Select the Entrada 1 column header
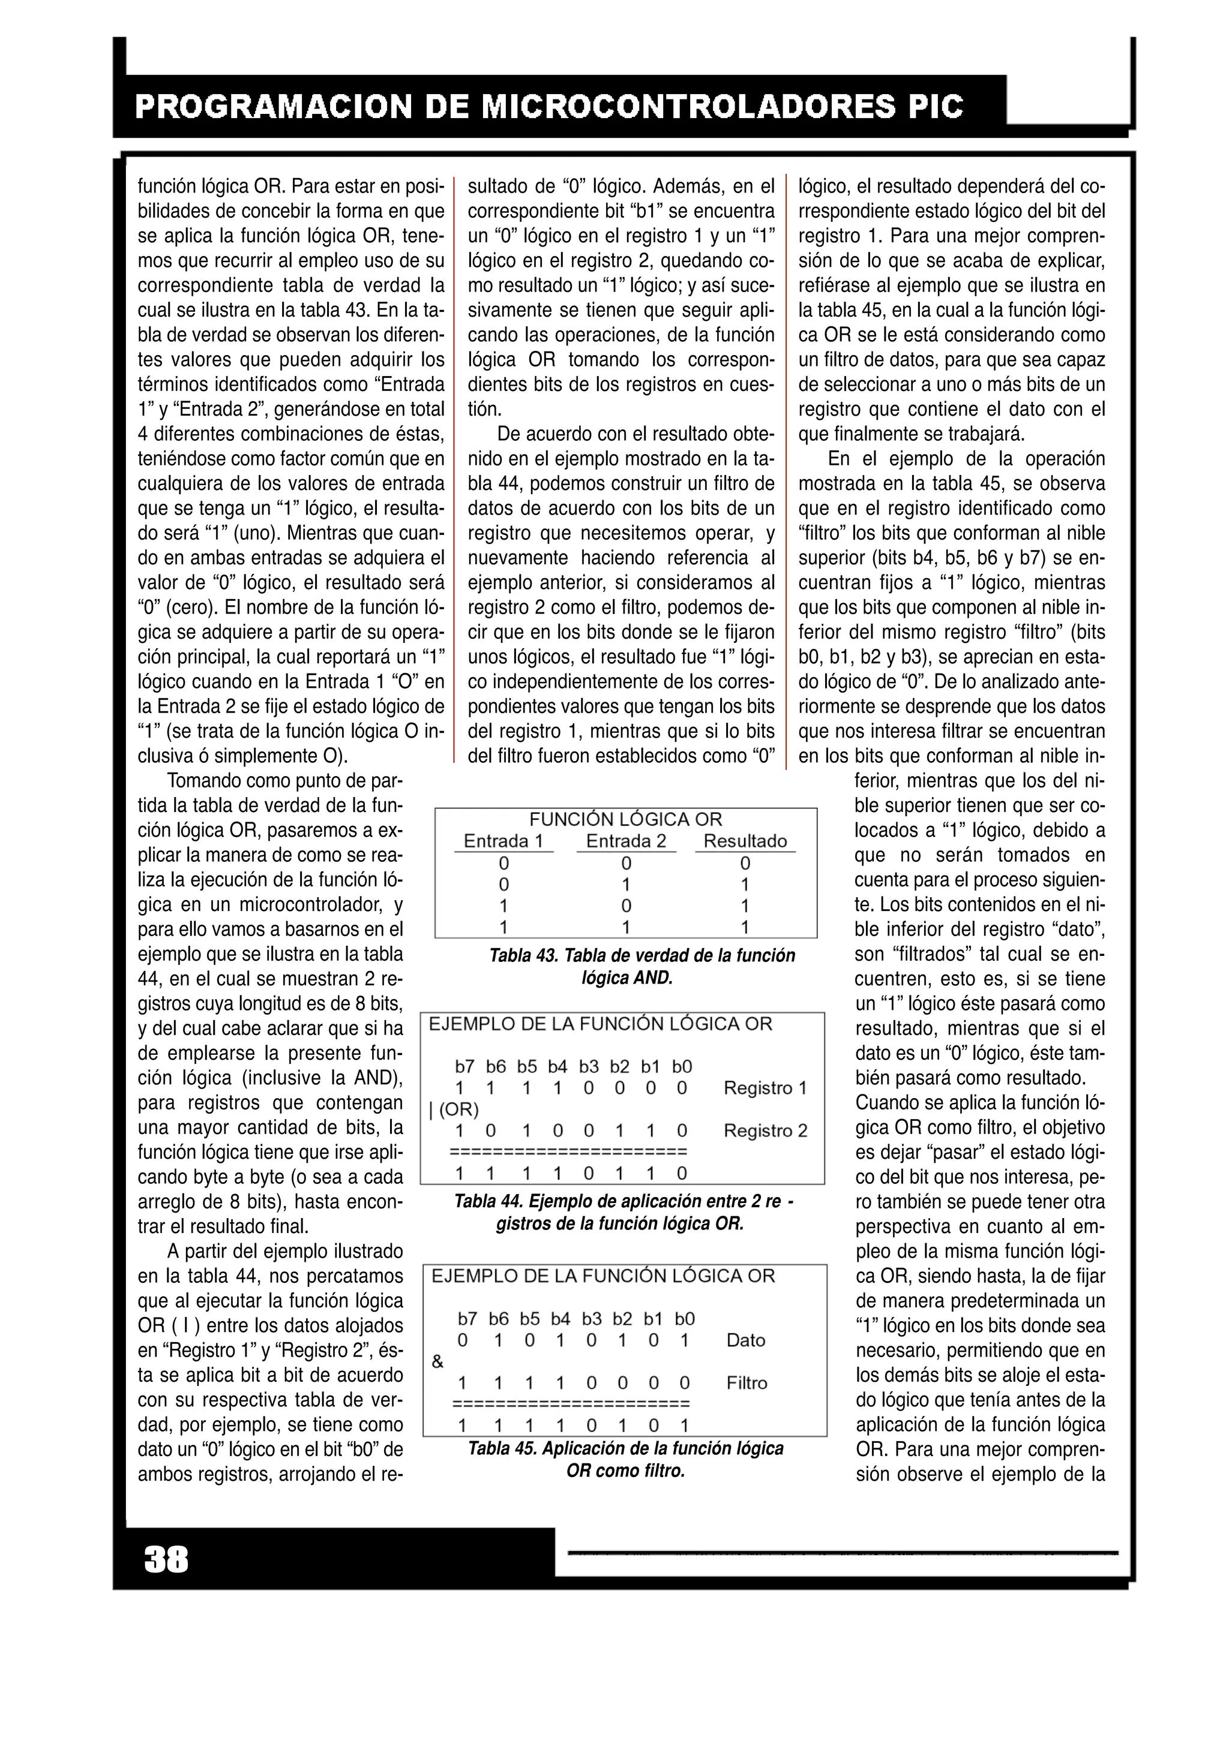503,841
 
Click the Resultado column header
745,841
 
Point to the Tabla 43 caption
642,967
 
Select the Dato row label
745,1340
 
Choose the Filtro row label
747,1383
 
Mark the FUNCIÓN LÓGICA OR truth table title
625,819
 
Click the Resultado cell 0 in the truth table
745,864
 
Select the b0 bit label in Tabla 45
685,1319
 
